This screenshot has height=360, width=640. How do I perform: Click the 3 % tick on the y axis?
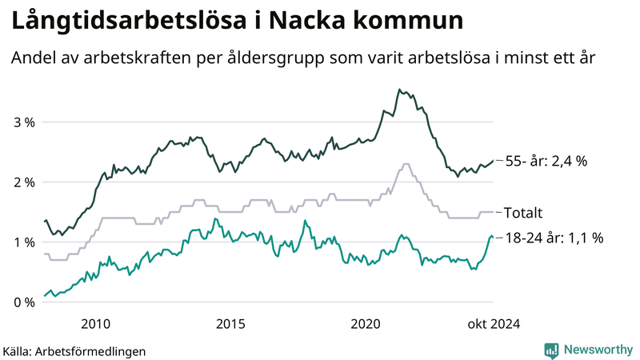tap(23, 122)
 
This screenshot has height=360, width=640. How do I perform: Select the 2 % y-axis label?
tap(23, 182)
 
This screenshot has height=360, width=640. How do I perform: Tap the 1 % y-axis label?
tap(23, 242)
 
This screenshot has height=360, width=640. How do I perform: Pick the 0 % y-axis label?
tap(23, 302)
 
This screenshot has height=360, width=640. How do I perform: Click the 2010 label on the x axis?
tap(96, 323)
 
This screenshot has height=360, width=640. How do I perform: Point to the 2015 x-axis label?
tap(231, 323)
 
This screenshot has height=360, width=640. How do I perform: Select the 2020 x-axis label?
tap(366, 323)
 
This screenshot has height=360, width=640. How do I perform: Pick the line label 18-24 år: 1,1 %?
tap(554, 238)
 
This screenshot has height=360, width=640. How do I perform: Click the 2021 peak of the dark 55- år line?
tap(399, 90)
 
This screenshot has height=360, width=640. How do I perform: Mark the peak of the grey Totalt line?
tap(406, 164)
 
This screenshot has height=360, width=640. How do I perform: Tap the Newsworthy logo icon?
tap(551, 350)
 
